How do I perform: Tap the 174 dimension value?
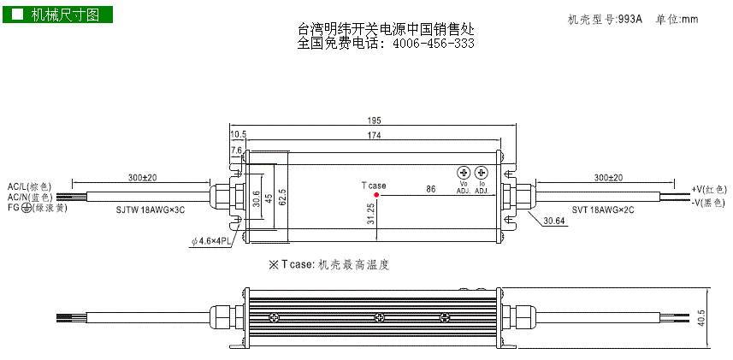click(375, 135)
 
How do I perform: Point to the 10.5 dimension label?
click(239, 135)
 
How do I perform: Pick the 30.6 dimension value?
click(256, 198)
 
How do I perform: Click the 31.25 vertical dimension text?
click(370, 214)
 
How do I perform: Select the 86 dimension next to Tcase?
click(431, 188)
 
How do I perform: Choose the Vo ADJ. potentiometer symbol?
click(464, 172)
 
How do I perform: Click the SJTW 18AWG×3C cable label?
click(149, 210)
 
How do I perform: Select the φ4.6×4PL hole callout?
click(210, 241)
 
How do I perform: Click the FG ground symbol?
click(26, 208)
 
